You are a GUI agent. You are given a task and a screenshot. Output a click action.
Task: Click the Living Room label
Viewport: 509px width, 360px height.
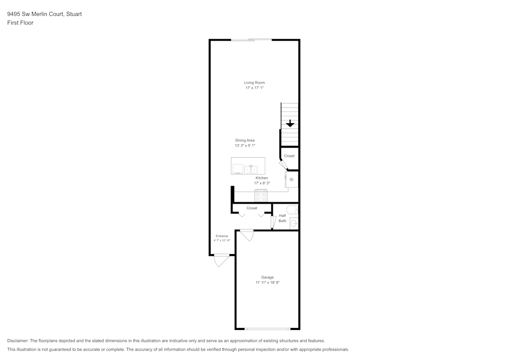254,82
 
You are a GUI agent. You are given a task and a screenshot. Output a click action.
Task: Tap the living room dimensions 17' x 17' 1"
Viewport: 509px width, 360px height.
254,88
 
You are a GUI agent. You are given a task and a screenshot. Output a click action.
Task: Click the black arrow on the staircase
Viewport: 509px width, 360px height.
290,123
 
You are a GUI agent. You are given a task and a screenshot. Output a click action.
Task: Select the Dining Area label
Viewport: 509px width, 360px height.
245,140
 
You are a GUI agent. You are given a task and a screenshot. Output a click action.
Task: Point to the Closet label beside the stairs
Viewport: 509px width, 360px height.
289,156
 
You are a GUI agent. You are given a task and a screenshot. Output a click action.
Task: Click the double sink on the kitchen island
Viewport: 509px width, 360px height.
251,170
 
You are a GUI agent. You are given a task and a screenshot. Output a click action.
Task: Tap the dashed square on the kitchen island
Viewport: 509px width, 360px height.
238,169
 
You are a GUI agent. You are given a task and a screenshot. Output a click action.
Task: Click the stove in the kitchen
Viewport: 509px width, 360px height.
261,196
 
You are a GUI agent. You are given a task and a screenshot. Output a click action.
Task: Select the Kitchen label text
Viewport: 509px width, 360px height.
262,178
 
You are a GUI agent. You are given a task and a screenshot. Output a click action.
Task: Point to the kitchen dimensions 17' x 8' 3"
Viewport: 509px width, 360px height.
262,183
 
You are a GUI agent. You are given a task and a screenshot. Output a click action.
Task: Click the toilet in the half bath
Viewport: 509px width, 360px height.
293,209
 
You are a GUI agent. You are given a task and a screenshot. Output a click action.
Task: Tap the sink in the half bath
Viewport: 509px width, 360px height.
294,224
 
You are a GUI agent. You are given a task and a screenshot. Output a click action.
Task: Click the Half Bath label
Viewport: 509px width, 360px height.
282,218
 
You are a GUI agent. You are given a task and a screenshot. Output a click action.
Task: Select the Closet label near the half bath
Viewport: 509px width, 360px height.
252,208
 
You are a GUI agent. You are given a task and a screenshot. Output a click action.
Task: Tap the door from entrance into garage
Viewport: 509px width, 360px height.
247,235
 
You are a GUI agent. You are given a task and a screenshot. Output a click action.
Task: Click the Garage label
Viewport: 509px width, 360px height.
268,277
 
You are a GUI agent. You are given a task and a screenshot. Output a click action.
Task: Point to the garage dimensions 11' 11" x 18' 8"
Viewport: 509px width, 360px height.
268,283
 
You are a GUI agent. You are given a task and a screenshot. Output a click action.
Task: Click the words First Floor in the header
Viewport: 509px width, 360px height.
20,23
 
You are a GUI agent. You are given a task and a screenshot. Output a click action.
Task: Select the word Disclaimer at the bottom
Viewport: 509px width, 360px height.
18,341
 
